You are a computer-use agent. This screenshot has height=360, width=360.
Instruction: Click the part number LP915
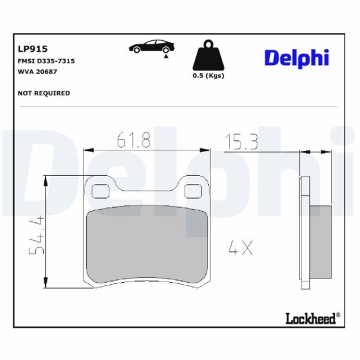33,49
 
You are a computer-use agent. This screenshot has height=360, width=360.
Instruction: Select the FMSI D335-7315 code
46,61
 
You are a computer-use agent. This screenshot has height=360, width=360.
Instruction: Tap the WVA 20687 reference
37,72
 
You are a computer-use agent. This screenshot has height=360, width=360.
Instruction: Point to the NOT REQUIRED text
44,93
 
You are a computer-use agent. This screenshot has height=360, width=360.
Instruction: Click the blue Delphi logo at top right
297,58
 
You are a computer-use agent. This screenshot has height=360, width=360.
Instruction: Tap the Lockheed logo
313,318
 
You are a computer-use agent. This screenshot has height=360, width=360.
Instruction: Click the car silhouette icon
152,46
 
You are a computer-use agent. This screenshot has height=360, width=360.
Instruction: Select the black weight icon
208,55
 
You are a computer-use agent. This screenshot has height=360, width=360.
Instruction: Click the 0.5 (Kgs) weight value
208,75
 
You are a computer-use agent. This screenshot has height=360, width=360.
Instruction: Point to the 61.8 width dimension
134,140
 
